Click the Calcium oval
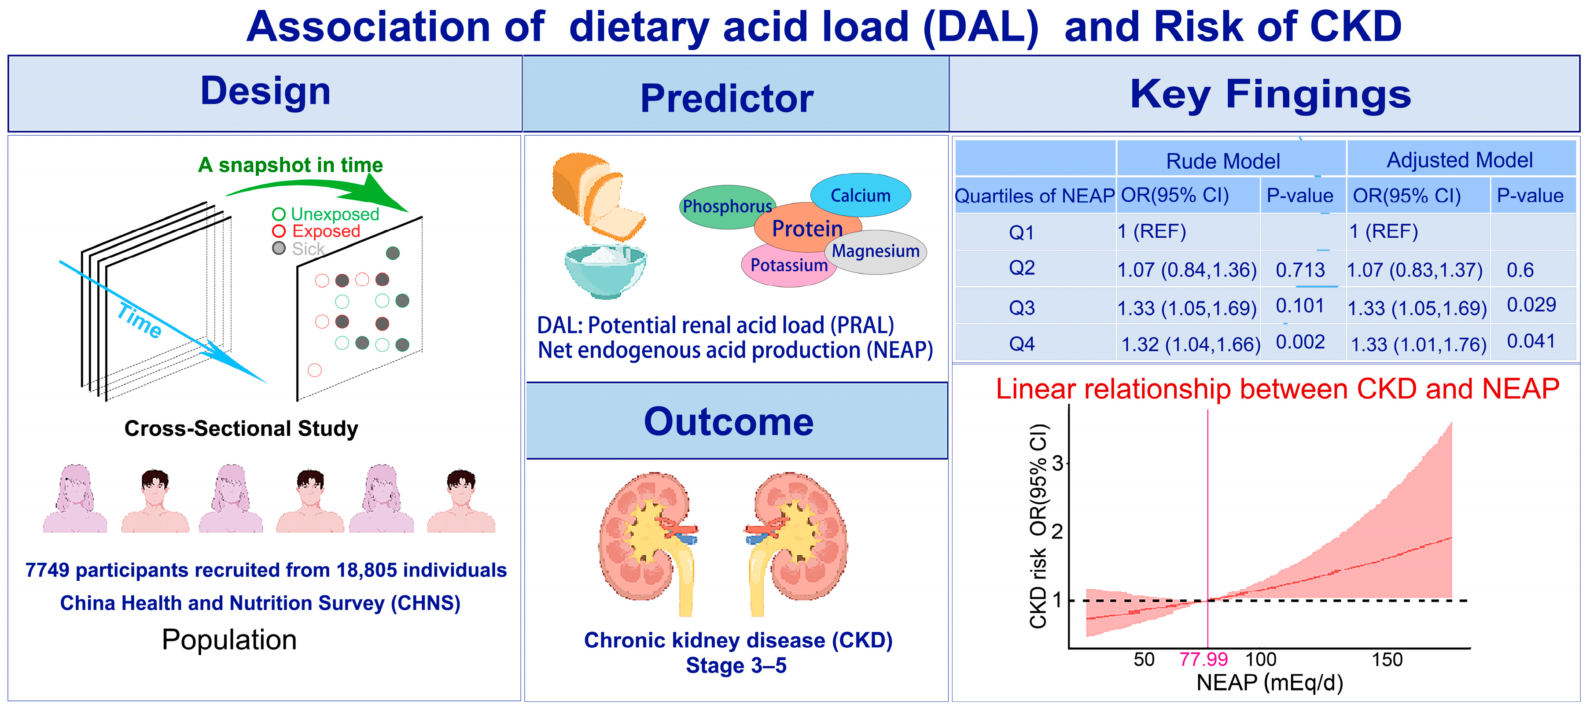[861, 195]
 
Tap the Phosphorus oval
[727, 206]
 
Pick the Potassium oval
[788, 266]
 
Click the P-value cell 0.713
[1300, 270]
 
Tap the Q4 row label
[1022, 343]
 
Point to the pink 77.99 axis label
[1203, 660]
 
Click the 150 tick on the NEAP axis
[1387, 660]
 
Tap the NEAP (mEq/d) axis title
[1270, 683]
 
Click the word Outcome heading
[729, 422]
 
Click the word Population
[229, 640]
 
